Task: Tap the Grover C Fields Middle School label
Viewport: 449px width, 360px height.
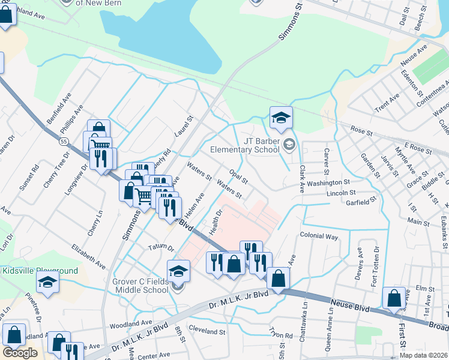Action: point(140,285)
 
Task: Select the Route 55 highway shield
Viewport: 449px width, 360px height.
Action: point(64,140)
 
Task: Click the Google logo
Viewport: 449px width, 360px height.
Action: point(20,353)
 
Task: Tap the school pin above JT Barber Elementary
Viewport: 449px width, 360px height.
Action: point(280,119)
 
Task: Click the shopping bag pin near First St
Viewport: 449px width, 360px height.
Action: point(393,299)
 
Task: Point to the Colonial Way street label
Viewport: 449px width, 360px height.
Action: point(319,236)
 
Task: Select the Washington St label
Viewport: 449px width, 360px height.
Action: point(330,182)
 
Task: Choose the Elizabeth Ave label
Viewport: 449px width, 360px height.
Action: point(88,256)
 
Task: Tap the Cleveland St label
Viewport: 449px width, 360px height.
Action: point(206,331)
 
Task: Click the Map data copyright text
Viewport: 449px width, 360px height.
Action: point(423,355)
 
